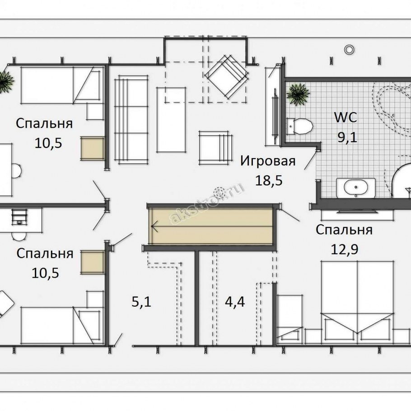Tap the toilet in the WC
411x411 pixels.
(x=299, y=126)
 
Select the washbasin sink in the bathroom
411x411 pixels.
(x=356, y=188)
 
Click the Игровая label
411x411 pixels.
(x=268, y=161)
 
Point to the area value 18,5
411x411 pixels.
(x=269, y=181)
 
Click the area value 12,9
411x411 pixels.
(x=345, y=249)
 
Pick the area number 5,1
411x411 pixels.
(x=141, y=302)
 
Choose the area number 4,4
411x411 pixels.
(x=235, y=302)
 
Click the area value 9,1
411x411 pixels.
(x=347, y=137)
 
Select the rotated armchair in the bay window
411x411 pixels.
(x=226, y=76)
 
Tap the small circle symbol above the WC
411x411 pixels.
(x=349, y=49)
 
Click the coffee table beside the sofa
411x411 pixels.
(x=171, y=120)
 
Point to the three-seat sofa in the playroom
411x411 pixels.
(x=131, y=120)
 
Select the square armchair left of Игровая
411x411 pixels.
(x=215, y=148)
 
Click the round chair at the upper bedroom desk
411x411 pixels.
(x=17, y=171)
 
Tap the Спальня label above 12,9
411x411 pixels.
(x=344, y=230)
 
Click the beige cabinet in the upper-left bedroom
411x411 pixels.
(x=93, y=148)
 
